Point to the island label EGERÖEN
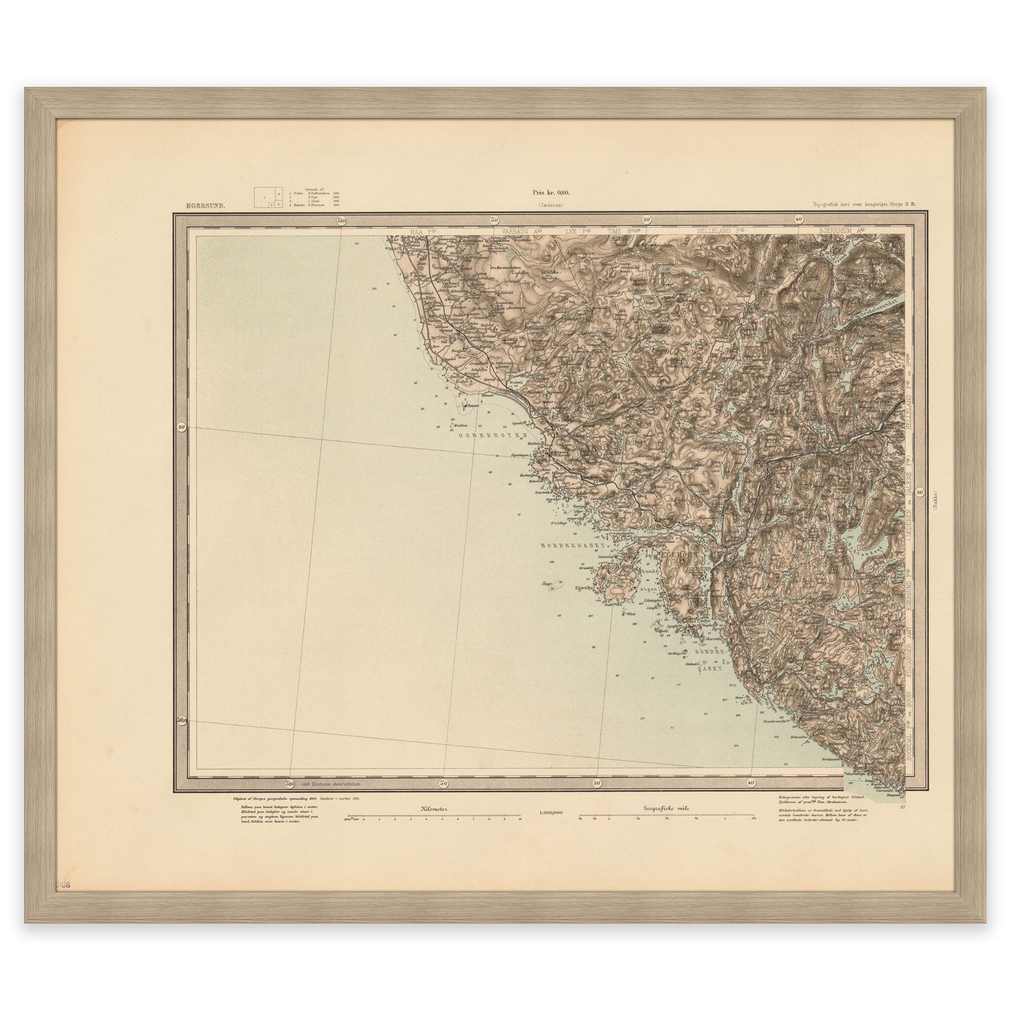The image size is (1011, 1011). pos(677,568)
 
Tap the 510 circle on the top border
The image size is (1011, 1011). pos(342,221)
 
